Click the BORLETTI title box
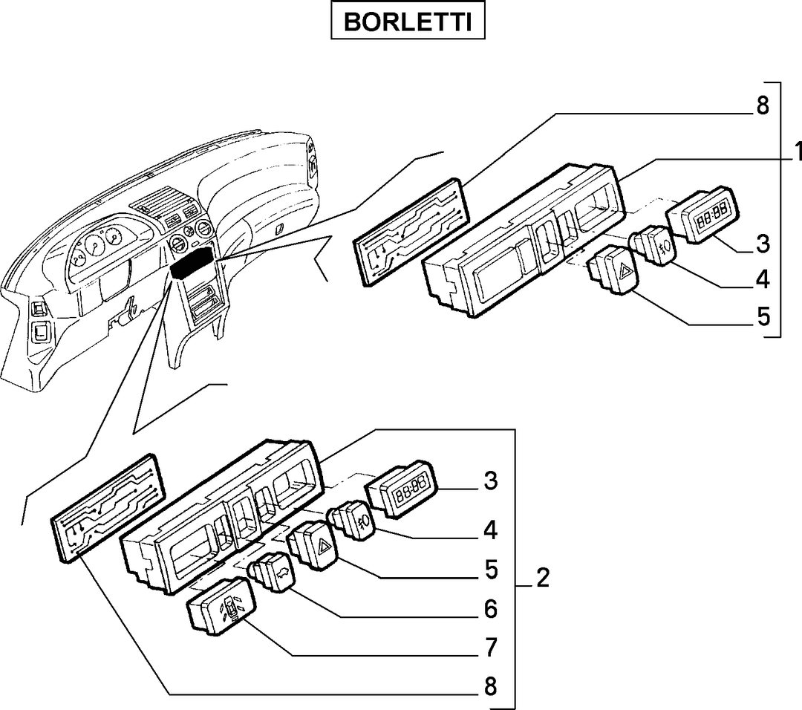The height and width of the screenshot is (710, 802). [x=408, y=21]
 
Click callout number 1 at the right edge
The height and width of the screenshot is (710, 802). [x=797, y=152]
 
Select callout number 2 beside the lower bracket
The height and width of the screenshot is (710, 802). [x=543, y=578]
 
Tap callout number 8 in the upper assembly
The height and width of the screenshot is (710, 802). [x=762, y=106]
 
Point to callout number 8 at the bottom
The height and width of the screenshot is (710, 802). [x=490, y=686]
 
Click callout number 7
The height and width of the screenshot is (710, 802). [x=491, y=647]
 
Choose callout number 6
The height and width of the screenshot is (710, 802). [x=491, y=609]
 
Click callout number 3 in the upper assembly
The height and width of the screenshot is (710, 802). [x=763, y=244]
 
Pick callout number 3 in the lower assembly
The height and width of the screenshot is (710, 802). [x=491, y=481]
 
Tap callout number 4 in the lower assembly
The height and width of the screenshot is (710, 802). [x=491, y=530]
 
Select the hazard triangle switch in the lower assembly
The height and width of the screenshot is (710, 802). [x=313, y=546]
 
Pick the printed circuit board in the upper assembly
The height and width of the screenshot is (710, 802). [x=411, y=232]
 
